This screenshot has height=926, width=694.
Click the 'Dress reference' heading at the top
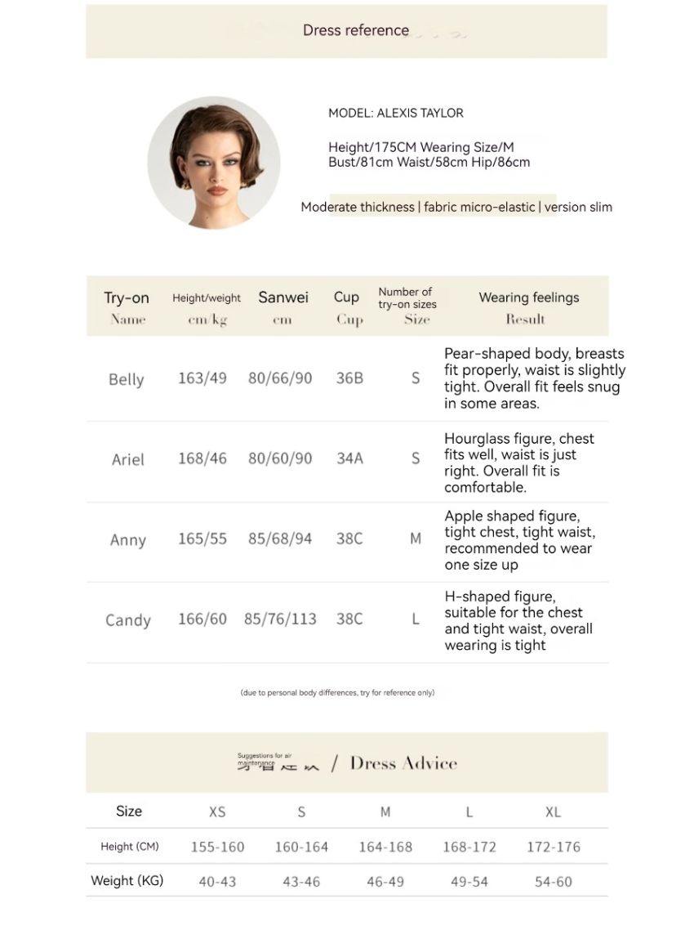pyautogui.click(x=356, y=30)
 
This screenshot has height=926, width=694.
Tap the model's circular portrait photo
pyautogui.click(x=214, y=163)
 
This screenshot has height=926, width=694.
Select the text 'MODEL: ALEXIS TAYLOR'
pyautogui.click(x=396, y=113)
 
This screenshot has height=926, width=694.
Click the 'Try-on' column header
pyautogui.click(x=127, y=297)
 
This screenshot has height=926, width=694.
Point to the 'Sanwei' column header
pyautogui.click(x=283, y=297)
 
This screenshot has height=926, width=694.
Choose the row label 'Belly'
pyautogui.click(x=126, y=379)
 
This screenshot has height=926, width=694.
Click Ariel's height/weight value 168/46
pyautogui.click(x=202, y=459)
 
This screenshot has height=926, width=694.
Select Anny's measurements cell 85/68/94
pyautogui.click(x=280, y=539)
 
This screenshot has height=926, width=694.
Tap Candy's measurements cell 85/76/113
pyautogui.click(x=280, y=620)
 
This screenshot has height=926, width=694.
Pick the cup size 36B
pyautogui.click(x=349, y=378)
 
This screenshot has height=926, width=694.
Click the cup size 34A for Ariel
pyautogui.click(x=349, y=459)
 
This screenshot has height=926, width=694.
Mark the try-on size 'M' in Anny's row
pyautogui.click(x=416, y=539)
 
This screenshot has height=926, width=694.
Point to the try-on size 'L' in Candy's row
pyautogui.click(x=416, y=620)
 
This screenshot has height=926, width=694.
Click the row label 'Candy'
pyautogui.click(x=128, y=620)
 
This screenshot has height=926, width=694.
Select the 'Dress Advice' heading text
pyautogui.click(x=403, y=763)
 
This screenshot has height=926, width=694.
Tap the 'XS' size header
pyautogui.click(x=217, y=812)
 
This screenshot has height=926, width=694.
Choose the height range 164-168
pyautogui.click(x=385, y=847)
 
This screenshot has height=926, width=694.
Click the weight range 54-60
pyautogui.click(x=553, y=882)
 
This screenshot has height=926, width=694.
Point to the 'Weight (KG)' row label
pyautogui.click(x=127, y=881)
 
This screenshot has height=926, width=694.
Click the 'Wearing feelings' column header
pyautogui.click(x=529, y=297)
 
